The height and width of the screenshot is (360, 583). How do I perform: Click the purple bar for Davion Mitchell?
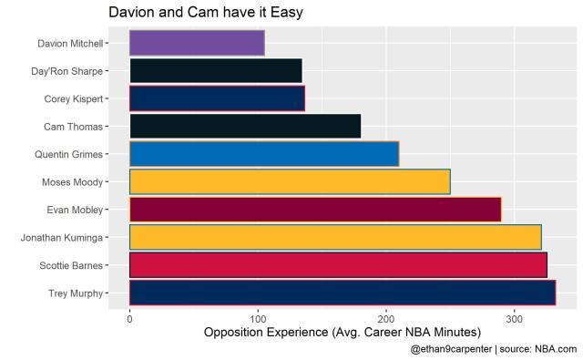(x=197, y=43)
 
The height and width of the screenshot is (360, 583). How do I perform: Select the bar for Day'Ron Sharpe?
(x=215, y=71)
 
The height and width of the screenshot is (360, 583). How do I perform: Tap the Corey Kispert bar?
(x=217, y=98)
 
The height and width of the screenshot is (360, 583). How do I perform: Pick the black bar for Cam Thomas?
(x=245, y=126)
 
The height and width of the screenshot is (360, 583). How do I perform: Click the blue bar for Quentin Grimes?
(x=264, y=154)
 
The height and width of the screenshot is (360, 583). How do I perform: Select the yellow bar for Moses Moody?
(x=290, y=181)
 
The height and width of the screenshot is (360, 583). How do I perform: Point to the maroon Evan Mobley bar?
(x=315, y=210)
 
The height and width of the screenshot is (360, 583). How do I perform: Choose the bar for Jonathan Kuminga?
(x=335, y=237)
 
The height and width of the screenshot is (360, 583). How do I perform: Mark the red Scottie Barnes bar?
(x=338, y=265)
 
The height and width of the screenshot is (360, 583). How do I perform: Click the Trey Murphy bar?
(x=343, y=293)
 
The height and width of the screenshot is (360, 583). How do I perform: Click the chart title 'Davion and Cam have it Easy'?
(x=206, y=13)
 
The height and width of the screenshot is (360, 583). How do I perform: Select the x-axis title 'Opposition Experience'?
(x=343, y=333)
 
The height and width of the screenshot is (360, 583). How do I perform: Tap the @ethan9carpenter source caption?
(x=493, y=349)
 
